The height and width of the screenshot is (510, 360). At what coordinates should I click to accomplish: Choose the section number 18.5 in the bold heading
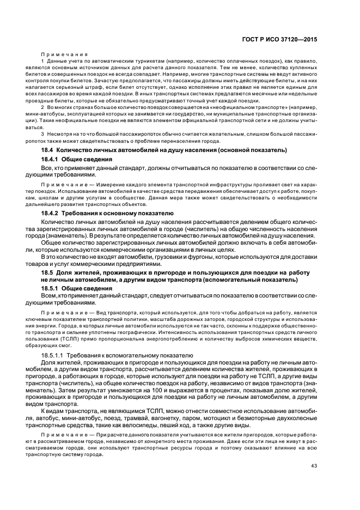click(47, 272)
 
